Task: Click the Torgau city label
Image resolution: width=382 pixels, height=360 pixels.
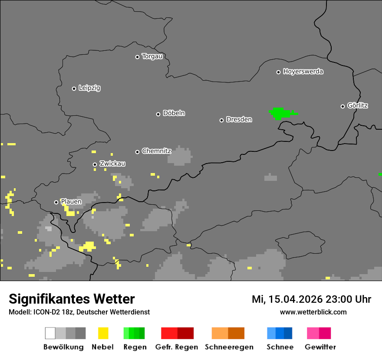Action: coord(152,56)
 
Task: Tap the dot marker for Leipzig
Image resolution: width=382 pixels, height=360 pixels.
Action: coord(74,88)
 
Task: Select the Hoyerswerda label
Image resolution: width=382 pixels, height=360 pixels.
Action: coord(303,72)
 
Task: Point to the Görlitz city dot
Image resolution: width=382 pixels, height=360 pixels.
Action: coord(342,106)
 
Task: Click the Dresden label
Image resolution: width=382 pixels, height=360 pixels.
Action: coord(239,119)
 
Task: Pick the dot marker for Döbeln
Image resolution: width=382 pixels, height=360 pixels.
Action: coord(158,114)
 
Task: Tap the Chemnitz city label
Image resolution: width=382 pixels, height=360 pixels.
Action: coord(156,151)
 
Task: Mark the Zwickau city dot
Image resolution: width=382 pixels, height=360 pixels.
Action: coord(95,164)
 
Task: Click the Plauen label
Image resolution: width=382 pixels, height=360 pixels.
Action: coord(71,202)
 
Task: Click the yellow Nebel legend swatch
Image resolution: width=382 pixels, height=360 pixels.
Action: coord(103,333)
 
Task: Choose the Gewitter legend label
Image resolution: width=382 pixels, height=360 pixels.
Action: coord(320,347)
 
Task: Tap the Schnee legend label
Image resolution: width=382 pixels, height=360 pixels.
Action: coord(280,347)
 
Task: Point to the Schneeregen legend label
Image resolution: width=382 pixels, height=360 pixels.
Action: coord(229,347)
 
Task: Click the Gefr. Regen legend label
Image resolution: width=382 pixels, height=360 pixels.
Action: coord(177,347)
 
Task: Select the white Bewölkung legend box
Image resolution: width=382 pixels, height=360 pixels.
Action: coord(50,333)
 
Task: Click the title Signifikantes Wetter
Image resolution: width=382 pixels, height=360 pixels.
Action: coord(72,299)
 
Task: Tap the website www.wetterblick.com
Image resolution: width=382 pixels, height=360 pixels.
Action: coord(313,312)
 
